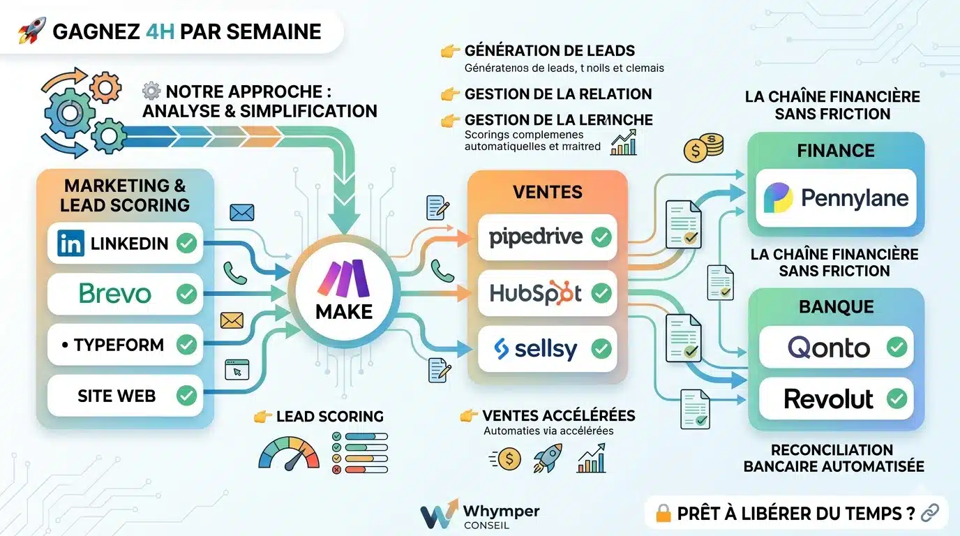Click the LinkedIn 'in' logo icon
(70, 243)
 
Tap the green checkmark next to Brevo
(186, 294)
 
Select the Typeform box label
(119, 345)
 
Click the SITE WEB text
(117, 396)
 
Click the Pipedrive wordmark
(536, 237)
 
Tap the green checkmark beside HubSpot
(601, 293)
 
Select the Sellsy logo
(535, 348)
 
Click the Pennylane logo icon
(778, 198)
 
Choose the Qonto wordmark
(828, 347)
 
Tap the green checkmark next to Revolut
(896, 399)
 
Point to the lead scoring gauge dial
(288, 452)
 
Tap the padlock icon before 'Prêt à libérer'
(663, 514)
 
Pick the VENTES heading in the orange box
(548, 192)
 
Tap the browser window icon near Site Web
(237, 369)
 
